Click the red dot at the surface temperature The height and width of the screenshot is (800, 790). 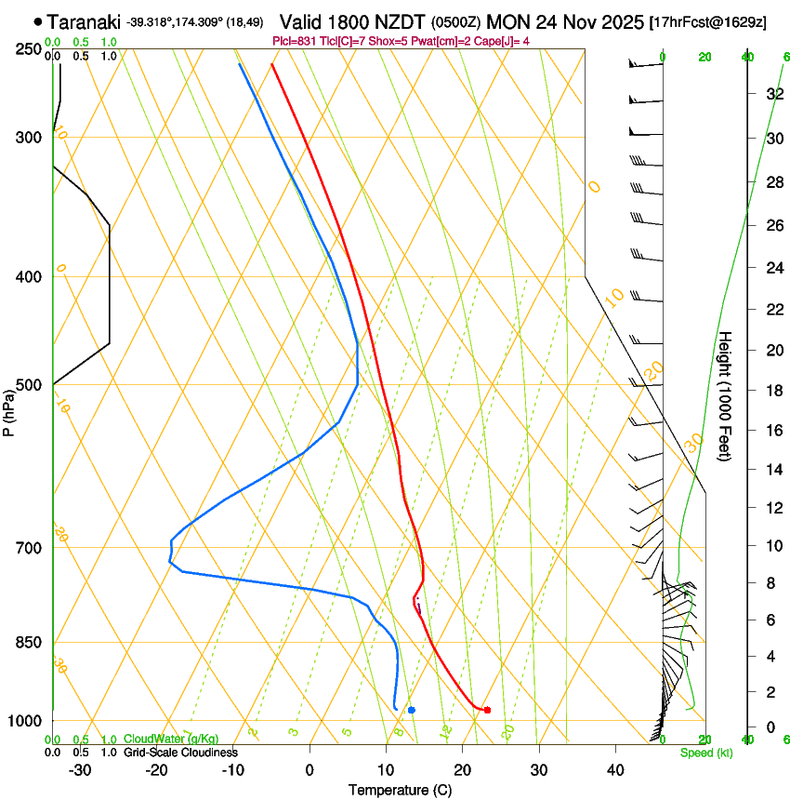(x=487, y=711)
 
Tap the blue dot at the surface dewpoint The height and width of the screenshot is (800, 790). (x=411, y=711)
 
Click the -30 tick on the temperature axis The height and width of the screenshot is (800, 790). (x=80, y=769)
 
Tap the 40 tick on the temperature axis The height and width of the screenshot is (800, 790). (x=614, y=769)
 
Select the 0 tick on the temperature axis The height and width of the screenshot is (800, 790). (x=309, y=769)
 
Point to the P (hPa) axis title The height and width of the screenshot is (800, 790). (x=9, y=409)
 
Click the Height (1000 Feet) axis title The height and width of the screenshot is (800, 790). (x=726, y=395)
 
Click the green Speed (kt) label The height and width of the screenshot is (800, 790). (x=705, y=753)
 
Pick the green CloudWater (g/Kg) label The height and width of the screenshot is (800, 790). (x=171, y=740)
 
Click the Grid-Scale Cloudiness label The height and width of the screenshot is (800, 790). (x=180, y=753)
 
